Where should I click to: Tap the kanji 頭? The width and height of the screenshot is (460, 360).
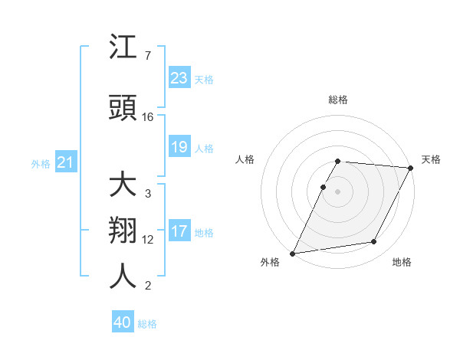coord(123,109)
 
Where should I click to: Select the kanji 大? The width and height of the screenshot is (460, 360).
coord(123,186)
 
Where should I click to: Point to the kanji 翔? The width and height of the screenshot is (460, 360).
coord(123,231)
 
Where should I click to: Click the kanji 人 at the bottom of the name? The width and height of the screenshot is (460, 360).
coord(123,275)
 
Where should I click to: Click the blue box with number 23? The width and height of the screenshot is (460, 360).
coord(179,77)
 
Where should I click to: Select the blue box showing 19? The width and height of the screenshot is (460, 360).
coord(179,147)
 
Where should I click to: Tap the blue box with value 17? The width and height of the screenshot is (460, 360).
coord(179,231)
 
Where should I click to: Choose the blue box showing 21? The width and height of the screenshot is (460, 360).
coord(66,162)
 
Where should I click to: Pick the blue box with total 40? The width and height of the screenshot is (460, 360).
coord(123,322)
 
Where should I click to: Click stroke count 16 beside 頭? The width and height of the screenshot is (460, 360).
coord(148,117)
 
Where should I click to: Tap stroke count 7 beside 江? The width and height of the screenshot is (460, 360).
coord(148,55)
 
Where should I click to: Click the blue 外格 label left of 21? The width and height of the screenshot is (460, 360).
coord(41,163)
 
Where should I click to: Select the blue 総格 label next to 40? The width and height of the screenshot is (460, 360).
coord(147,324)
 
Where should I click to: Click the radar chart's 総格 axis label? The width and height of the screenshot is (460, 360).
coord(338,100)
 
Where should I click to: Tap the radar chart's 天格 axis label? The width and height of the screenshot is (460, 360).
coord(431,159)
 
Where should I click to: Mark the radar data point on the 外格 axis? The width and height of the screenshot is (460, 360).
coord(292,254)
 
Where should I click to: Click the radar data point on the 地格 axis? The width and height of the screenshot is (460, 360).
coord(374,242)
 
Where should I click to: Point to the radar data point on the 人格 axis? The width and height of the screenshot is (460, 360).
coord(324,187)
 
